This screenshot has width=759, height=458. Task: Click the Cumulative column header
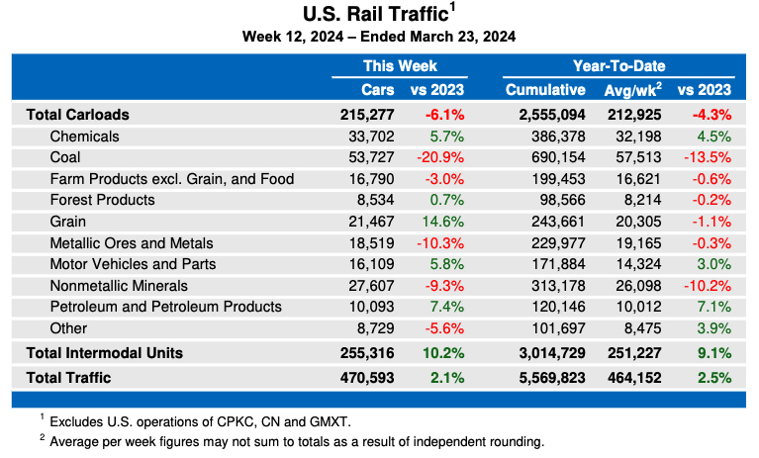(x=545, y=90)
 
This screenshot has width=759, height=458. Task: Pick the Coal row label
(x=65, y=157)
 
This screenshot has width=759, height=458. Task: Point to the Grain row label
(x=68, y=222)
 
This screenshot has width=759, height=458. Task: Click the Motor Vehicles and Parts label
(x=133, y=264)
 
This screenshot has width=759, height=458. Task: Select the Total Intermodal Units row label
(x=104, y=352)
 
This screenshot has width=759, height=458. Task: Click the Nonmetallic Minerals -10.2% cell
(x=708, y=286)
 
